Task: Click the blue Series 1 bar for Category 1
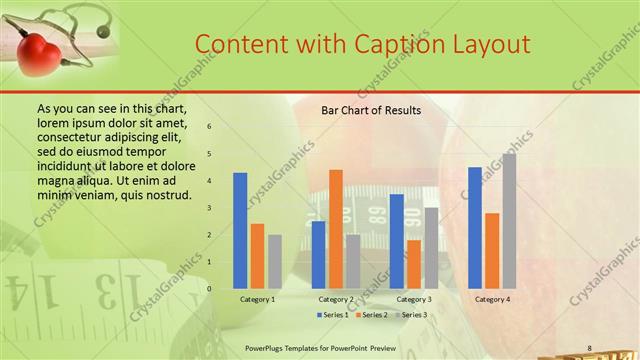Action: pos(240,231)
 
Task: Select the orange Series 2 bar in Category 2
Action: pos(335,229)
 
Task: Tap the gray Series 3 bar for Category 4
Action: pos(509,221)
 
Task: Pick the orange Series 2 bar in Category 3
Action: pos(414,264)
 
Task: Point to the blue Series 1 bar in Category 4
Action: pos(475,228)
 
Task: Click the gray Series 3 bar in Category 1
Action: pos(274,262)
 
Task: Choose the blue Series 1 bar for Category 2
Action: pos(318,255)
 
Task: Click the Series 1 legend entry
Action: pos(334,315)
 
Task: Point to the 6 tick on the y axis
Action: pos(210,127)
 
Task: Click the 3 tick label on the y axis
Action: pos(210,208)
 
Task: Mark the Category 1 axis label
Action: pos(257,299)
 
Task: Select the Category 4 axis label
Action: pos(492,299)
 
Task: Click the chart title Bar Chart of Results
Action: pos(370,110)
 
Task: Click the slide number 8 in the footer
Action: pos(590,348)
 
